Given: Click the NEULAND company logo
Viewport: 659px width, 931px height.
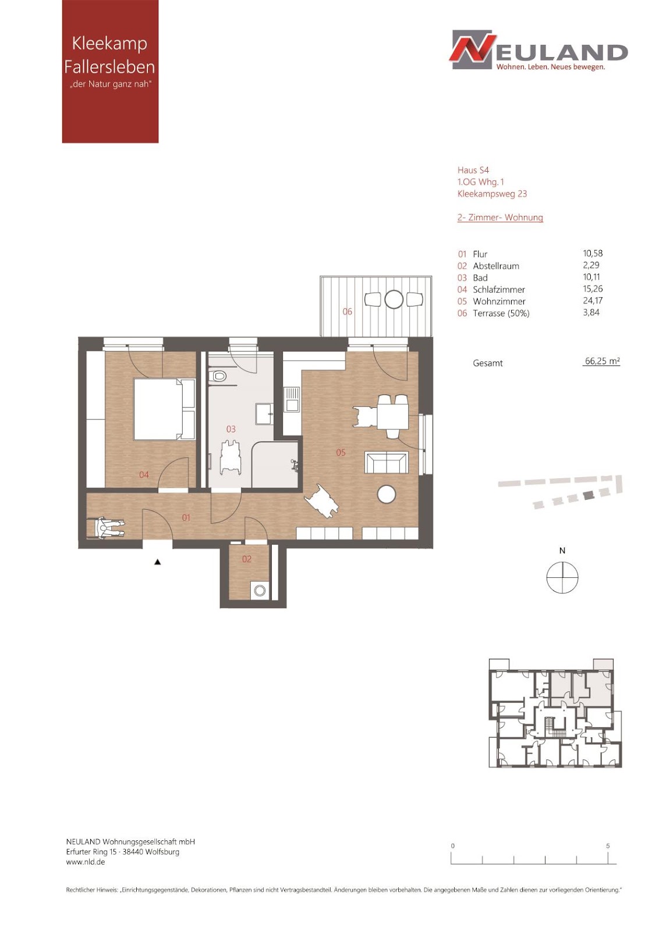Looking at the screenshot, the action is [x=538, y=50].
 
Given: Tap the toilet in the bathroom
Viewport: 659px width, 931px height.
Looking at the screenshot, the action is [x=218, y=375].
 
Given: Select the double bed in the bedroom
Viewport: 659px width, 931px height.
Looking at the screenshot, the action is [x=164, y=409].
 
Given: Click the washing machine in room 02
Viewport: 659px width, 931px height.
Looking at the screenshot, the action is [x=260, y=591].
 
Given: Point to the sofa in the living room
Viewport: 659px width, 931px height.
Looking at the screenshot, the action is [x=386, y=462].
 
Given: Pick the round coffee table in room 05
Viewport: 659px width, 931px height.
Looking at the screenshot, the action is [x=386, y=495].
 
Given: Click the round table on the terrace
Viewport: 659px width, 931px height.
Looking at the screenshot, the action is [x=394, y=299].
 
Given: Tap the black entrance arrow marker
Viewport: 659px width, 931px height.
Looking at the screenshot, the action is [x=158, y=562].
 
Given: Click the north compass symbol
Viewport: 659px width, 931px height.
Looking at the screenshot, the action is [x=562, y=577].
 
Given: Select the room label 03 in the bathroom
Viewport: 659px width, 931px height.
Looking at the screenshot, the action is [x=231, y=429].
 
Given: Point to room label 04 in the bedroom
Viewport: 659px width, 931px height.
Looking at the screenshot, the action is [x=144, y=475].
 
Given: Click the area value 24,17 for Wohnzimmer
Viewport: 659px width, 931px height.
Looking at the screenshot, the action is [x=593, y=300].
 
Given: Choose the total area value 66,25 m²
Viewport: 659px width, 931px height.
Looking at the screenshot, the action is [x=602, y=361].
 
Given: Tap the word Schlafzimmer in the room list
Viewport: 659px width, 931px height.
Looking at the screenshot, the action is [x=499, y=290].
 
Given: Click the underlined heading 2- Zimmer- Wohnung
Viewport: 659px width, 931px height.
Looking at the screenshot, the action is [x=500, y=218].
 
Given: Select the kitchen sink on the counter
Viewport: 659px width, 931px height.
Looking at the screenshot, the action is [x=292, y=399].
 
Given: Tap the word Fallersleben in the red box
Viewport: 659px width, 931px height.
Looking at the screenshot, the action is [x=109, y=67].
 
